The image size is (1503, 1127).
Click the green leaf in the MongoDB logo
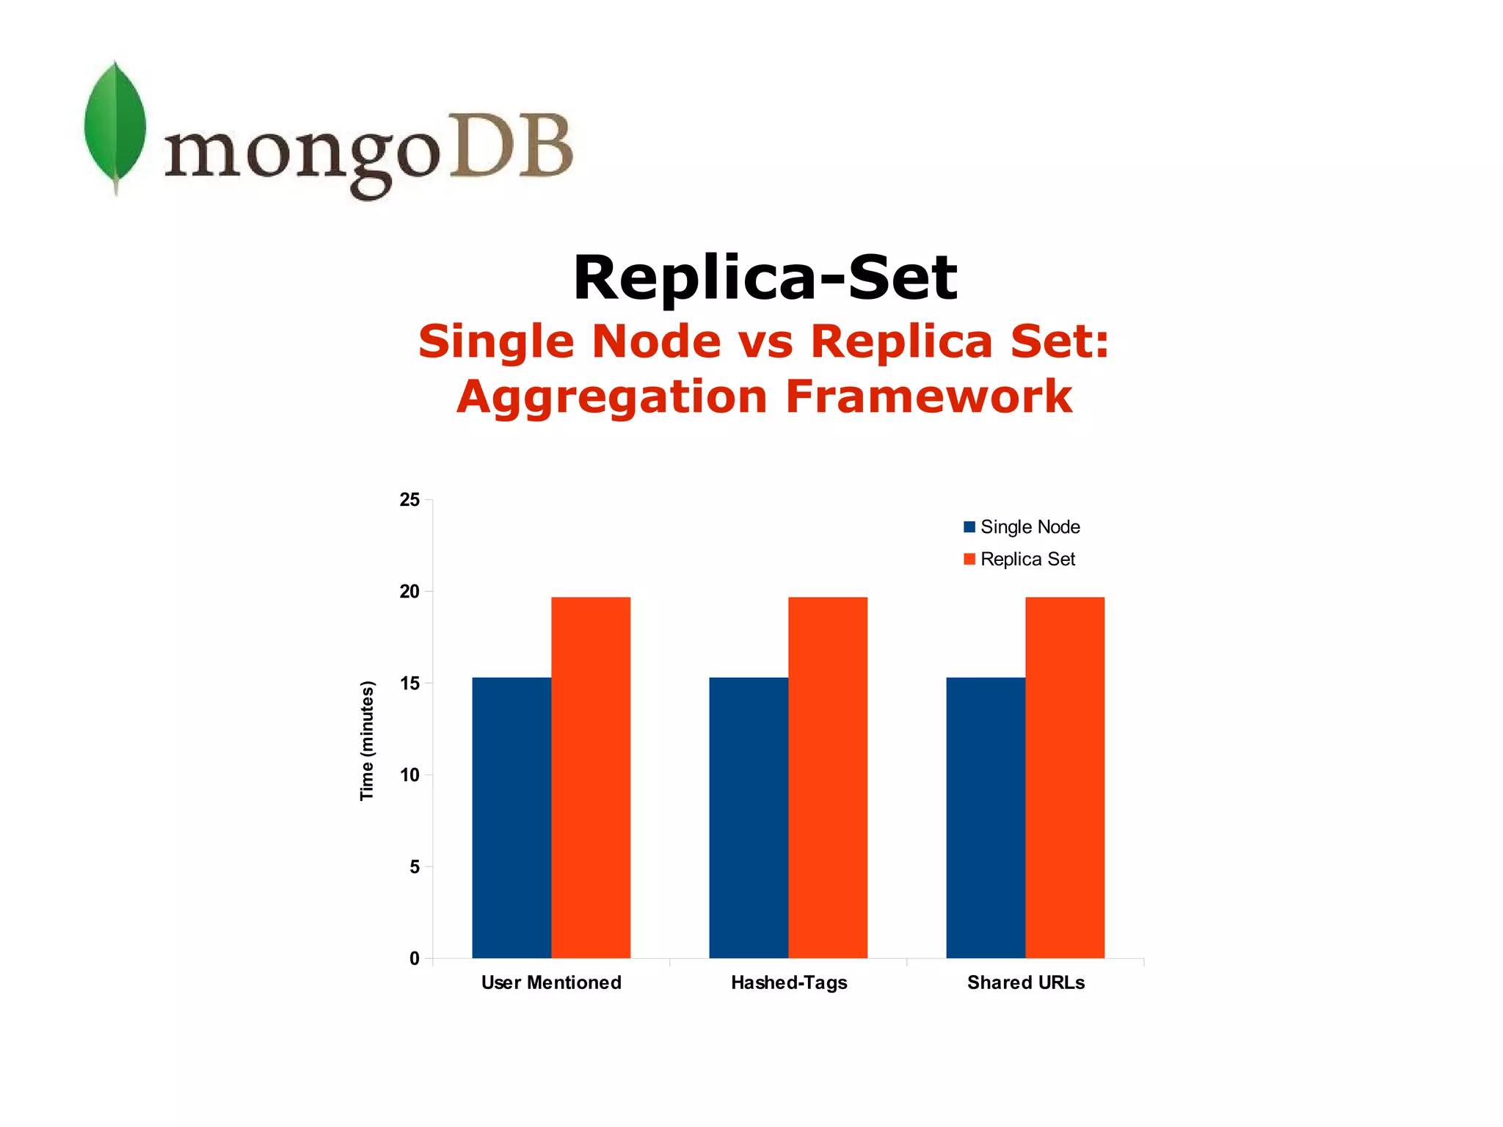pos(114,125)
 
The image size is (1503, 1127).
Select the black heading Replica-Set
pos(765,278)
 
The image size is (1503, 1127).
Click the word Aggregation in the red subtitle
pos(611,396)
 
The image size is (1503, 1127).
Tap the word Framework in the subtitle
pos(928,396)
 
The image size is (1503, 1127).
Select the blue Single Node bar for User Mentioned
pos(512,817)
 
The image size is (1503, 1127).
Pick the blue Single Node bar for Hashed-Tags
pos(749,817)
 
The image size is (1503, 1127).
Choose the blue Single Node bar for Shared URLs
pos(986,817)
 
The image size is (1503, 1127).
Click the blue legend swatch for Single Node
pos(969,527)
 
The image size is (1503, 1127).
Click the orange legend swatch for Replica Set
pos(969,559)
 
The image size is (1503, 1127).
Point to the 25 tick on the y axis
pos(410,500)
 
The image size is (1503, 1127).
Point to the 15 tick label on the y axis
pos(410,684)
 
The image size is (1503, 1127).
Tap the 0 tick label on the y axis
pos(415,958)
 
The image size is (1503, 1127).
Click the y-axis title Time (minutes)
pos(367,741)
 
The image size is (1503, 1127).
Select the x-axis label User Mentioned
pos(551,982)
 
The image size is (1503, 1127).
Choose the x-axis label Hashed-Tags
pos(789,982)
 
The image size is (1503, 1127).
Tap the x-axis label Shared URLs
pos(1026,982)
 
